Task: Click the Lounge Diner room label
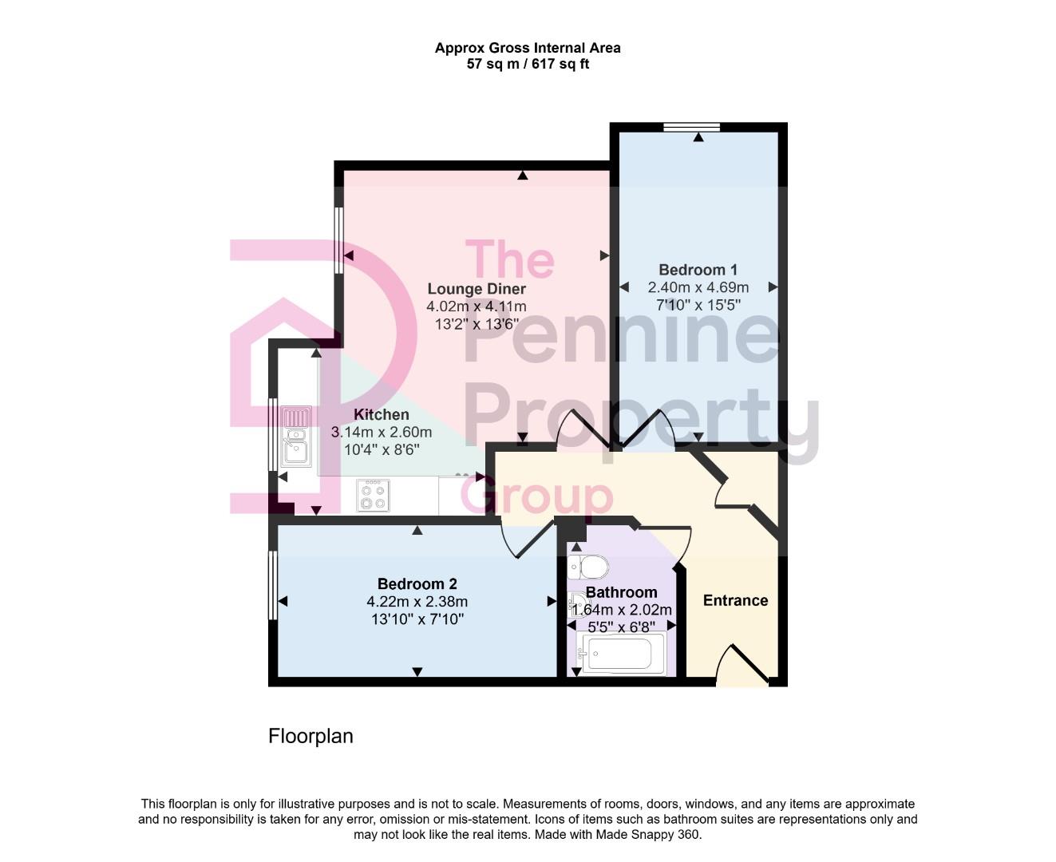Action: click(477, 289)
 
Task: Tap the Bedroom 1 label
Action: click(698, 270)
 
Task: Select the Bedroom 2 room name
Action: click(417, 584)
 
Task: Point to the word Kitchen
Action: click(382, 414)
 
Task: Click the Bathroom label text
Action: click(621, 592)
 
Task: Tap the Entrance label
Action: click(735, 600)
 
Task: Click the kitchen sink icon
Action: click(296, 437)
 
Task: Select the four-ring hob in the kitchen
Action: click(373, 495)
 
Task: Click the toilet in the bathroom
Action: click(588, 567)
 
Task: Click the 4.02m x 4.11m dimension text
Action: click(477, 306)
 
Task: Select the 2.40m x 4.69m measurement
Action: click(698, 287)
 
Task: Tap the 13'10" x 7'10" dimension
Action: click(417, 619)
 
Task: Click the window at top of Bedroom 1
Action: click(691, 126)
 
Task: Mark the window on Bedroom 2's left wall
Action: click(272, 584)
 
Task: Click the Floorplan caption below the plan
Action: click(310, 736)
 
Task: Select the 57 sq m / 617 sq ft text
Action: click(528, 64)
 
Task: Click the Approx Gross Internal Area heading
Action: click(528, 48)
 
